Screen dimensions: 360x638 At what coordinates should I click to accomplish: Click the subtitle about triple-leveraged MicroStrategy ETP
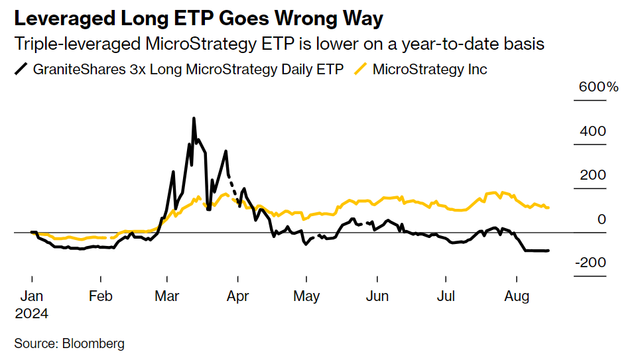[x=279, y=44]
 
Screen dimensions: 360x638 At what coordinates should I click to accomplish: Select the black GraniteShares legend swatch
[x=23, y=68]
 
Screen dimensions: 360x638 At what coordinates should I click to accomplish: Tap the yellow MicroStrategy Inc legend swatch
[x=361, y=68]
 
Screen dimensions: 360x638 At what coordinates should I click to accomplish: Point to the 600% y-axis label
[x=598, y=88]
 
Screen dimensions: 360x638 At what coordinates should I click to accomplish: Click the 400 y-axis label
[x=593, y=131]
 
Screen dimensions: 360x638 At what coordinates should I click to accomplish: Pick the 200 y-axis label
[x=593, y=175]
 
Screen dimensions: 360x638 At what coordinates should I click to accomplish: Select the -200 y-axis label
[x=590, y=263]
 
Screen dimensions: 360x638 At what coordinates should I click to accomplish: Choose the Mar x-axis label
[x=166, y=296]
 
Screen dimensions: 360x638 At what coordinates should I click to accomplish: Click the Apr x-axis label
[x=237, y=296]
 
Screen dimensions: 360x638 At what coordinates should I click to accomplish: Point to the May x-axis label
[x=306, y=296]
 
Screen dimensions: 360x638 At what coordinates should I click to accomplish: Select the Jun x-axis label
[x=377, y=296]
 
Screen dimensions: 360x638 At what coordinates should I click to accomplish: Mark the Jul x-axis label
[x=446, y=296]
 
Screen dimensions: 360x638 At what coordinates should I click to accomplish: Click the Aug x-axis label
[x=517, y=296]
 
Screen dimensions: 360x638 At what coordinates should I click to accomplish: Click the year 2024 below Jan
[x=32, y=313]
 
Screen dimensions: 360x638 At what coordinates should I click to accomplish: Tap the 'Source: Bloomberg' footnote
[x=70, y=343]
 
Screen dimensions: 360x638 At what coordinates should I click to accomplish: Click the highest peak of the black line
[x=194, y=119]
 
